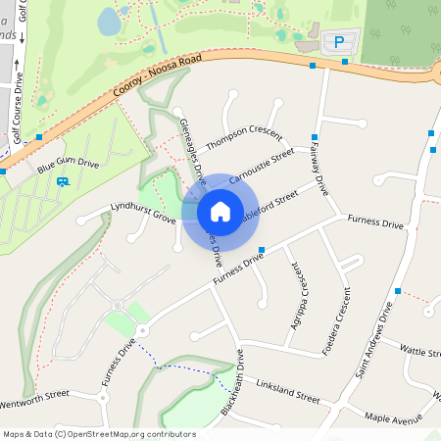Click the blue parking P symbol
coord(339,43)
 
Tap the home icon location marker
coord(220,211)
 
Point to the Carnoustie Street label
coord(261,167)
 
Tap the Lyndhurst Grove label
coord(142,213)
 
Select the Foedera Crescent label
coord(335,322)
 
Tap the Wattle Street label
coord(420,350)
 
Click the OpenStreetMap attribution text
coord(99,434)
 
